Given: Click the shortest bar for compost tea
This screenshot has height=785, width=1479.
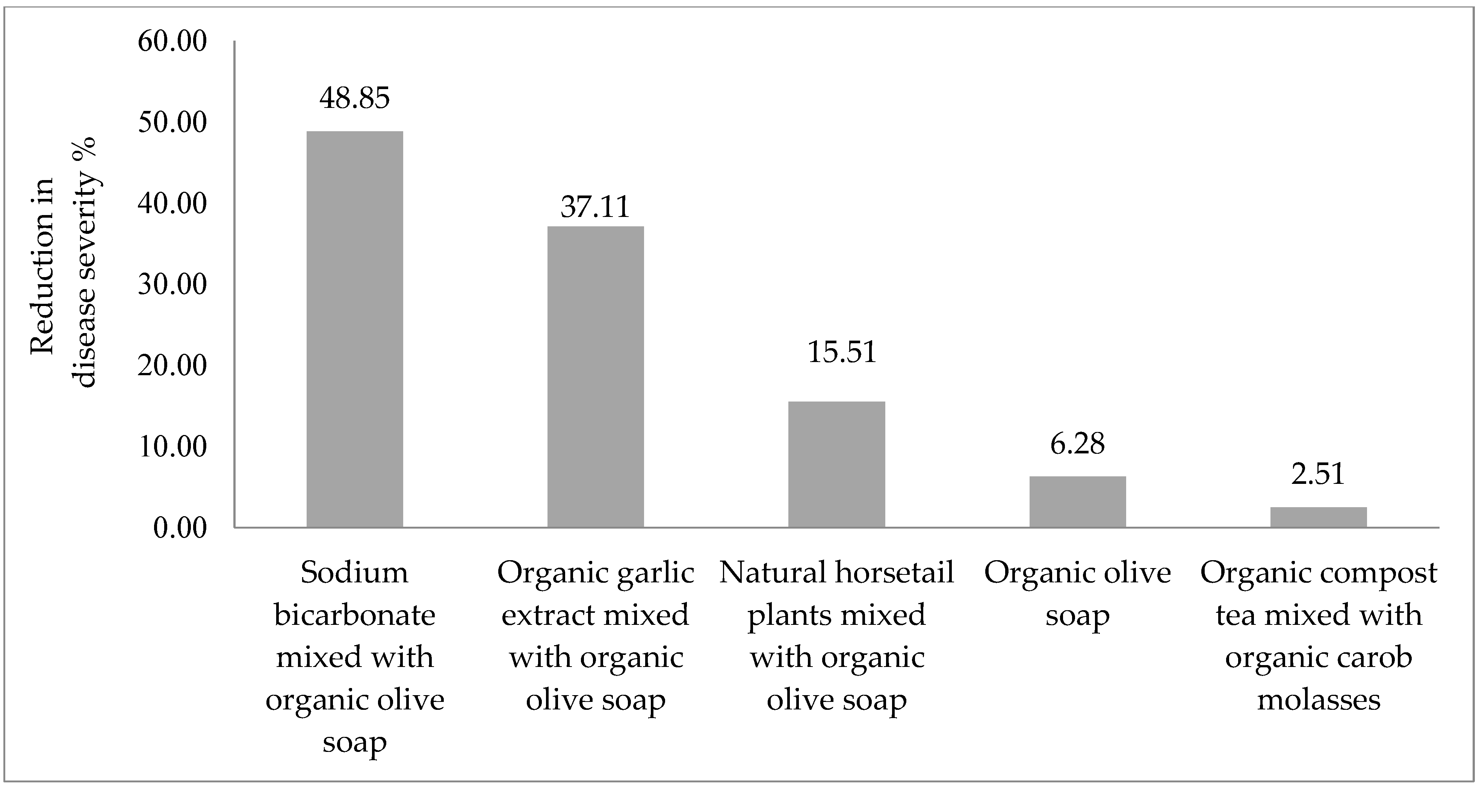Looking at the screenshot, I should click(1318, 517).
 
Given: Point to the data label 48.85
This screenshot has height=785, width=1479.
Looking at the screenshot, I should click(354, 98).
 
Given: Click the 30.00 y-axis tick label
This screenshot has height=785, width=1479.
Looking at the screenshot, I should click(172, 285).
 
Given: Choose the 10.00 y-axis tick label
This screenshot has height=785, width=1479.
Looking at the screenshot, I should click(172, 447).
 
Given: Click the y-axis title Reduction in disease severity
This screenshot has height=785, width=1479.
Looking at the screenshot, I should click(63, 281).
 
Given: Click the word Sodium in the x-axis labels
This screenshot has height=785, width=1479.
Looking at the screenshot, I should click(354, 573).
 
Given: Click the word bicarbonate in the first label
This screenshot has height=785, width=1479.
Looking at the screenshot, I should click(354, 615).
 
